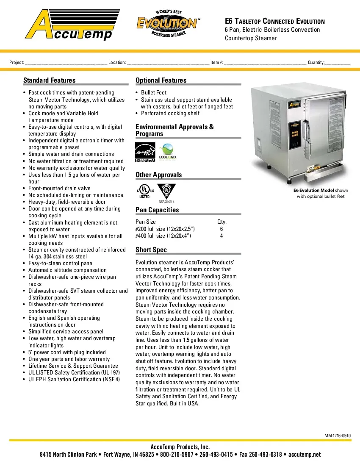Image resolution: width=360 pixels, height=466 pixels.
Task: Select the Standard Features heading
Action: click(x=49, y=80)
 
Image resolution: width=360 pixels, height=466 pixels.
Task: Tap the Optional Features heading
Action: click(x=161, y=80)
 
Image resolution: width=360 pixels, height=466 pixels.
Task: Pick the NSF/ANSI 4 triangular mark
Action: click(x=166, y=191)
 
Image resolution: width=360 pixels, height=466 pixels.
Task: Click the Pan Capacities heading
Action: click(x=157, y=210)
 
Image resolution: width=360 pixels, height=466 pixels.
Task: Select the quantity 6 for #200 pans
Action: click(x=222, y=229)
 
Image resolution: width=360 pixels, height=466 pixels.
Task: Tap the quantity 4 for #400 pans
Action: click(x=222, y=236)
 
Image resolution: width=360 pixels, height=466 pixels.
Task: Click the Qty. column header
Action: click(x=222, y=222)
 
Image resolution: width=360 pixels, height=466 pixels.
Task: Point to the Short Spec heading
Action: click(x=151, y=250)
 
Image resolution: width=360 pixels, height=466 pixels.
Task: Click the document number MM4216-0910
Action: click(x=338, y=435)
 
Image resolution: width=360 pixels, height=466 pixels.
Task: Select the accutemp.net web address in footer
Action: click(x=305, y=455)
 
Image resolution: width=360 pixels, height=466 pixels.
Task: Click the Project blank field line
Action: click(x=66, y=63)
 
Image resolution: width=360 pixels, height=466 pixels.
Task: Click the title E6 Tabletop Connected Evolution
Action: click(x=274, y=21)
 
